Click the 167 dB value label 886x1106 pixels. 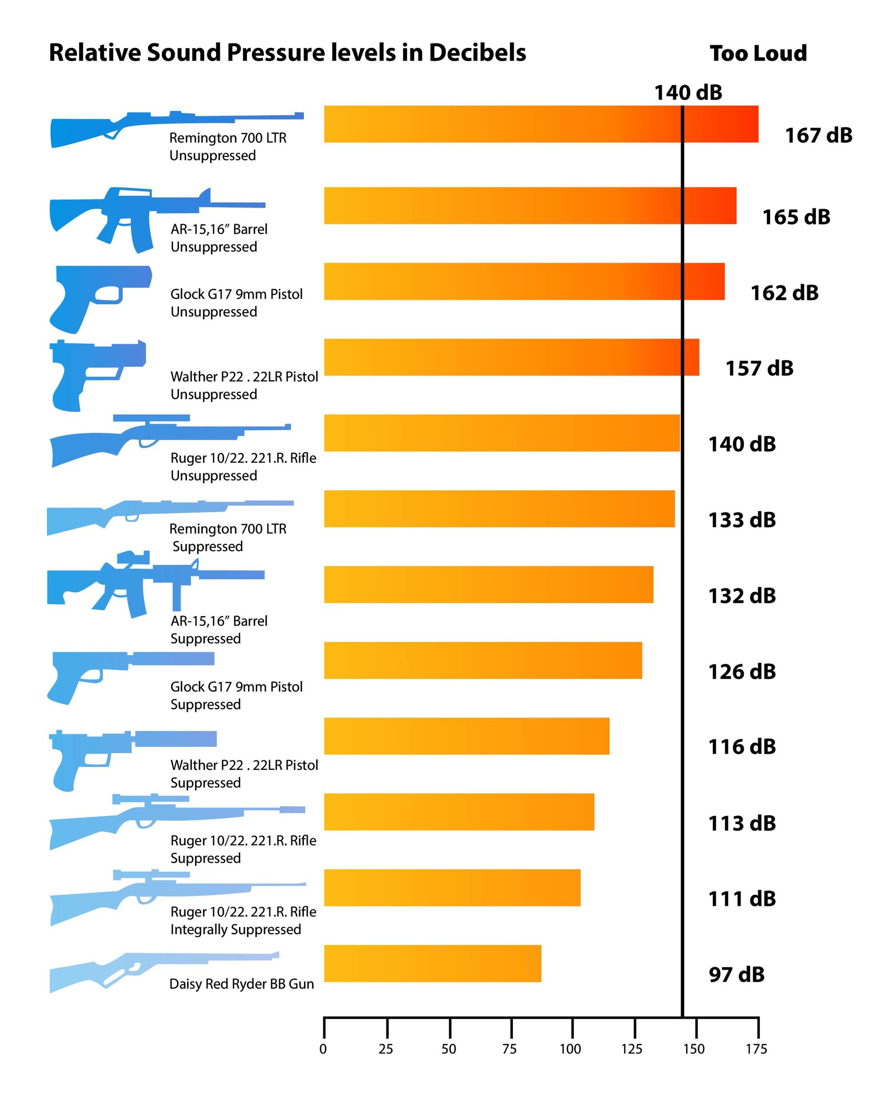pos(818,136)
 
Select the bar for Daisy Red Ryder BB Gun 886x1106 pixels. pos(432,963)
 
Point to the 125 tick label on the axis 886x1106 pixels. pos(632,1049)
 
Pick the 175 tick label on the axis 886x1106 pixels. pos(756,1049)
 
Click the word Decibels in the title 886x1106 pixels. pos(477,53)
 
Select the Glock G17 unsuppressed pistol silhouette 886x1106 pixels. pos(97,298)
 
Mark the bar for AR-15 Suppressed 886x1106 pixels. pos(488,584)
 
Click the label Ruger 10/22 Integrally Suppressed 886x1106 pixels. pos(243,920)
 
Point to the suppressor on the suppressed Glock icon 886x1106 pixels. pos(172,659)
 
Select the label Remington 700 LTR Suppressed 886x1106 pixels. pos(227,537)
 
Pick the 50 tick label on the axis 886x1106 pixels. pos(448,1049)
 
